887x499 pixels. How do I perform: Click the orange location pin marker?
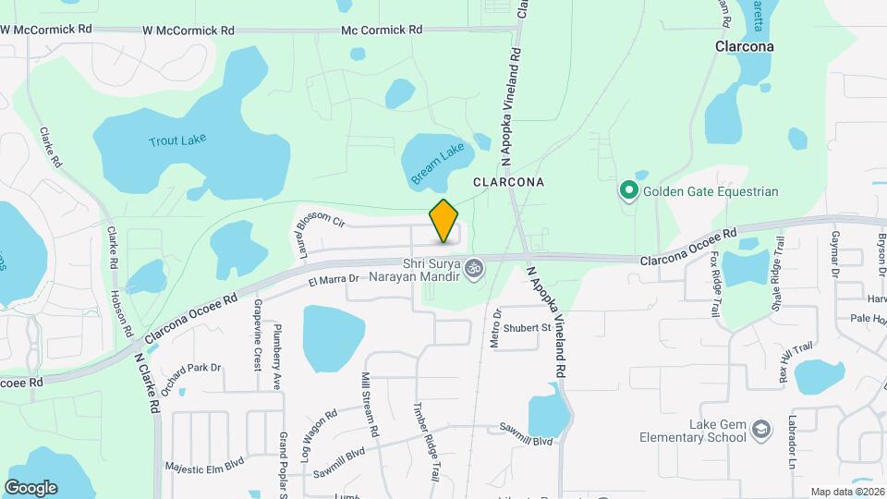click(x=444, y=222)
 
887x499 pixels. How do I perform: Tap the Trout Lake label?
click(x=177, y=140)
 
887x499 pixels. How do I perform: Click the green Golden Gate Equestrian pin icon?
click(x=629, y=191)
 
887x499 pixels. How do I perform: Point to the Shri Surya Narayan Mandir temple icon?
click(x=474, y=268)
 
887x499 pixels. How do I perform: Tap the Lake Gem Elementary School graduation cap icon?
click(x=759, y=430)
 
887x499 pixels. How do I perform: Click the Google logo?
click(x=30, y=487)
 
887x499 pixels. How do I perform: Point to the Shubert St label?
click(x=528, y=327)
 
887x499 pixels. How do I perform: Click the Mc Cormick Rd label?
click(x=382, y=30)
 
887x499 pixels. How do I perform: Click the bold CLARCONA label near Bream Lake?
click(x=508, y=183)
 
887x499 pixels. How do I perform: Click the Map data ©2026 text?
click(x=846, y=492)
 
